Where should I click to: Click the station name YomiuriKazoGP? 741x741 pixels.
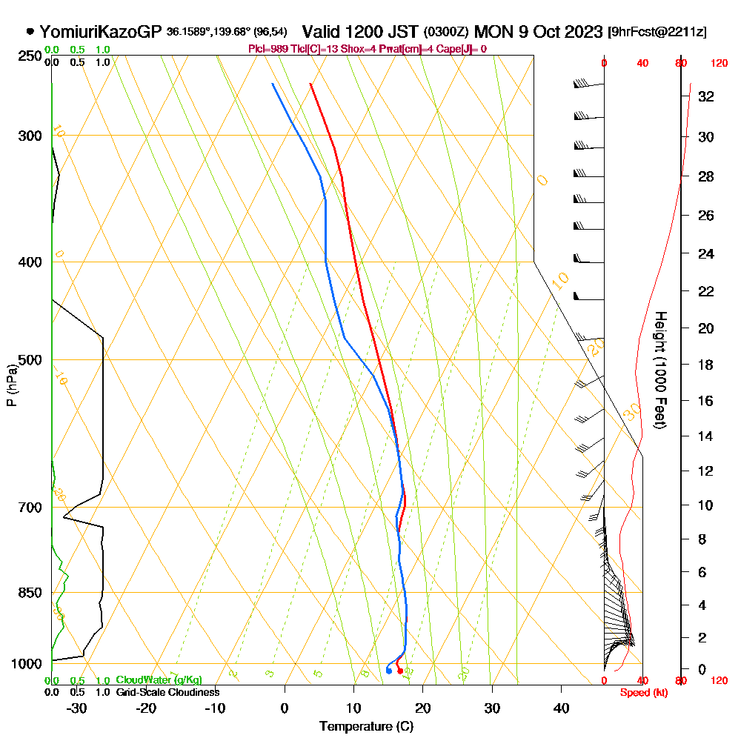tap(100, 32)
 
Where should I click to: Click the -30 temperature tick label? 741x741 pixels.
tap(76, 708)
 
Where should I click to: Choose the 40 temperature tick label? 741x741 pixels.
tap(562, 708)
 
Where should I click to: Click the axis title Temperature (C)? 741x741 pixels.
tap(366, 727)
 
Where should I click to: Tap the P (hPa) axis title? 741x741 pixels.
tap(11, 385)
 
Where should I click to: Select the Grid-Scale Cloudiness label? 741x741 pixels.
tap(167, 692)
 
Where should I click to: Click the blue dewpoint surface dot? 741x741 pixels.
tap(389, 671)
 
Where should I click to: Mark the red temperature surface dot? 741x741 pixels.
tap(400, 671)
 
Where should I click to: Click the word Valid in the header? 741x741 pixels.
tap(323, 32)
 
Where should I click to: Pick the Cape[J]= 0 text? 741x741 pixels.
tap(463, 49)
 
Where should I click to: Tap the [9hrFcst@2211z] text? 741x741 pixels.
tap(657, 32)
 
